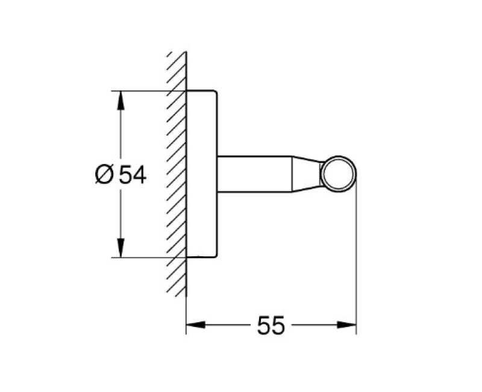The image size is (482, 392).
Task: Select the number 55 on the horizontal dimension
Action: click(271, 326)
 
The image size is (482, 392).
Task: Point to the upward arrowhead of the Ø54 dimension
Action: click(121, 100)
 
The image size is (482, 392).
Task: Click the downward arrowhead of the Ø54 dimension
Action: click(121, 248)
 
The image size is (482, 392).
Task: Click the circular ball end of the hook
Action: click(339, 174)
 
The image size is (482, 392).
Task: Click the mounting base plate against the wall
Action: click(201, 174)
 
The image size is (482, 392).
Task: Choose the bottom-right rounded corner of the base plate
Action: click(214, 255)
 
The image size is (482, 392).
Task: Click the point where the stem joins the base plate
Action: click(217, 174)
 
